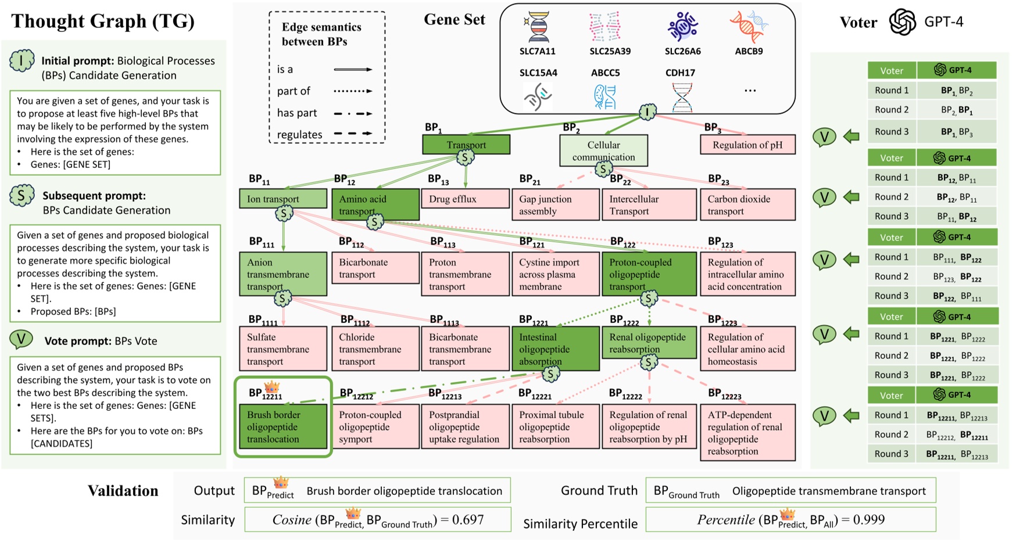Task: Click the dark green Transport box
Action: click(x=466, y=145)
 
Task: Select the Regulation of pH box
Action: click(x=747, y=145)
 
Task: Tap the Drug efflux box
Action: click(x=464, y=199)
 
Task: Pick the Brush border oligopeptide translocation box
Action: click(x=283, y=427)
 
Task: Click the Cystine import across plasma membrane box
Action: click(x=555, y=274)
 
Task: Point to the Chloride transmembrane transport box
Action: click(x=375, y=349)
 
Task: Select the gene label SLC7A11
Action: click(x=537, y=51)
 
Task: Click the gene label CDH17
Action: click(x=680, y=73)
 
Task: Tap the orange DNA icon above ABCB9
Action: click(x=748, y=26)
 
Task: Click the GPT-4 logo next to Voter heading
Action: click(x=902, y=22)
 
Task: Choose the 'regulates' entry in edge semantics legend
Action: click(x=299, y=135)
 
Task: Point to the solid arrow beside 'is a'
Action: click(x=353, y=70)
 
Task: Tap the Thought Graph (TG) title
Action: click(x=102, y=21)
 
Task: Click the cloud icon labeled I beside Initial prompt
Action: click(x=22, y=61)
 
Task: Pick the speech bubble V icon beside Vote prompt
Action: click(x=21, y=340)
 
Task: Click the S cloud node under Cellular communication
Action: click(x=603, y=169)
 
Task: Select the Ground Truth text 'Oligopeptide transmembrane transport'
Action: click(x=828, y=491)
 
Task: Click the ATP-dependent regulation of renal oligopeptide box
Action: click(x=747, y=433)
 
